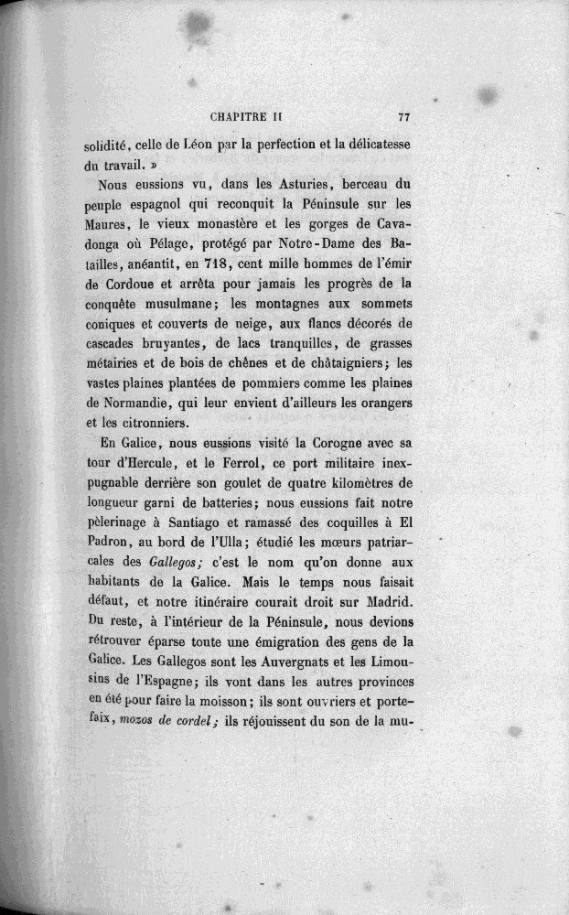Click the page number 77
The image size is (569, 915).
click(x=403, y=118)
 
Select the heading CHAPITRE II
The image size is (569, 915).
click(x=250, y=118)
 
